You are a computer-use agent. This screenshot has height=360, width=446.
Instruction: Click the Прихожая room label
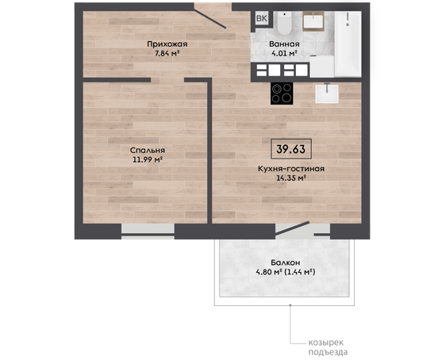coord(167,44)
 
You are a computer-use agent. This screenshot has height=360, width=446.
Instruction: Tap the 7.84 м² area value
coord(167,53)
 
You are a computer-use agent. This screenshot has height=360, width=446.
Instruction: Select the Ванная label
coord(284,44)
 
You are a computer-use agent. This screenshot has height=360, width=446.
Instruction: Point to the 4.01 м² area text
coord(284,53)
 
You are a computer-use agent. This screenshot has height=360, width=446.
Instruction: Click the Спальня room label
coord(148,151)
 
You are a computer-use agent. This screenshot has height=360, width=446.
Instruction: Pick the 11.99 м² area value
coord(148,159)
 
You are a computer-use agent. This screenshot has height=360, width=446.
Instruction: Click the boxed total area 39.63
coord(291,149)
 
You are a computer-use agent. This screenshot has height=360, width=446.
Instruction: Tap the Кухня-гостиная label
coord(291,169)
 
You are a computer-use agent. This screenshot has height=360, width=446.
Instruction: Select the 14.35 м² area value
coord(291,178)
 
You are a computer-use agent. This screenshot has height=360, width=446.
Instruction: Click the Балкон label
coord(285,262)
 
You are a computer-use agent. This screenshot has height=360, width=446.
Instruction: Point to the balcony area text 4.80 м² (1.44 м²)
coord(285,272)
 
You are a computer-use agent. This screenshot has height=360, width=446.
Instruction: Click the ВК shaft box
coord(262,18)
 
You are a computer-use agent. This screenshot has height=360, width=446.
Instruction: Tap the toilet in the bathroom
coord(284,23)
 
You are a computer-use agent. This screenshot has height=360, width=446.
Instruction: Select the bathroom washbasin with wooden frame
coord(313,21)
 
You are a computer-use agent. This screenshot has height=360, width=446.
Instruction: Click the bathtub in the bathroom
coord(348,44)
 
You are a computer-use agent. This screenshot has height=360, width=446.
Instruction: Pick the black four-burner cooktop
coord(282,94)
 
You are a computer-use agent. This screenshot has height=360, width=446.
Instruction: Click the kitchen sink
coord(327,94)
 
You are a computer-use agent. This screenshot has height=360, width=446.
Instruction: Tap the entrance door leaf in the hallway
coord(210,16)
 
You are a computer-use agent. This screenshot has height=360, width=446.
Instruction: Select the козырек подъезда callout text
coord(328,347)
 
